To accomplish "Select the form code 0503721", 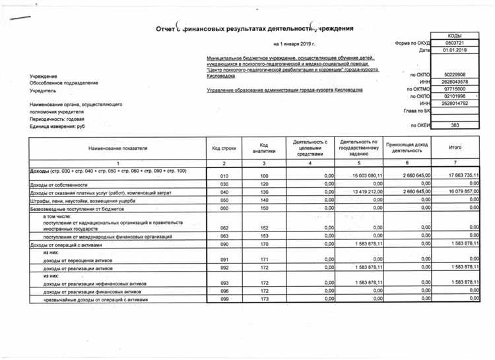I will tap(454, 42).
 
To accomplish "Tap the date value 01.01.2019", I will tap(454, 50).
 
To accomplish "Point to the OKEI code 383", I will tap(454, 125).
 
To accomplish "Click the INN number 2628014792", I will tap(454, 104).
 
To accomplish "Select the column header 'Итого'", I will tap(455, 147).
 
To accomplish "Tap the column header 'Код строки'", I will tap(224, 148).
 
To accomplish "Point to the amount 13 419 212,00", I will tap(358, 192).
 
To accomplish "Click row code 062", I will tap(224, 227).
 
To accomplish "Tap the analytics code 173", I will tap(264, 299).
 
